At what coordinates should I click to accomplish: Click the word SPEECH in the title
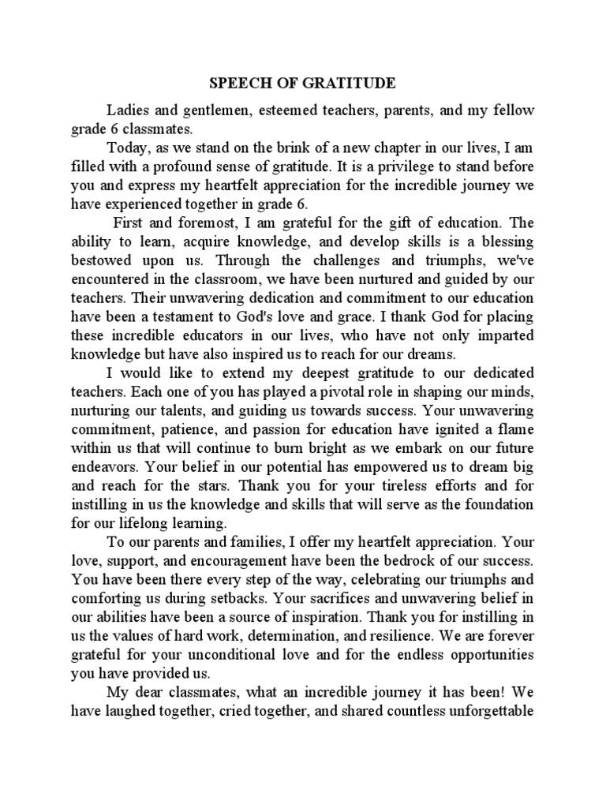pyautogui.click(x=229, y=84)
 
